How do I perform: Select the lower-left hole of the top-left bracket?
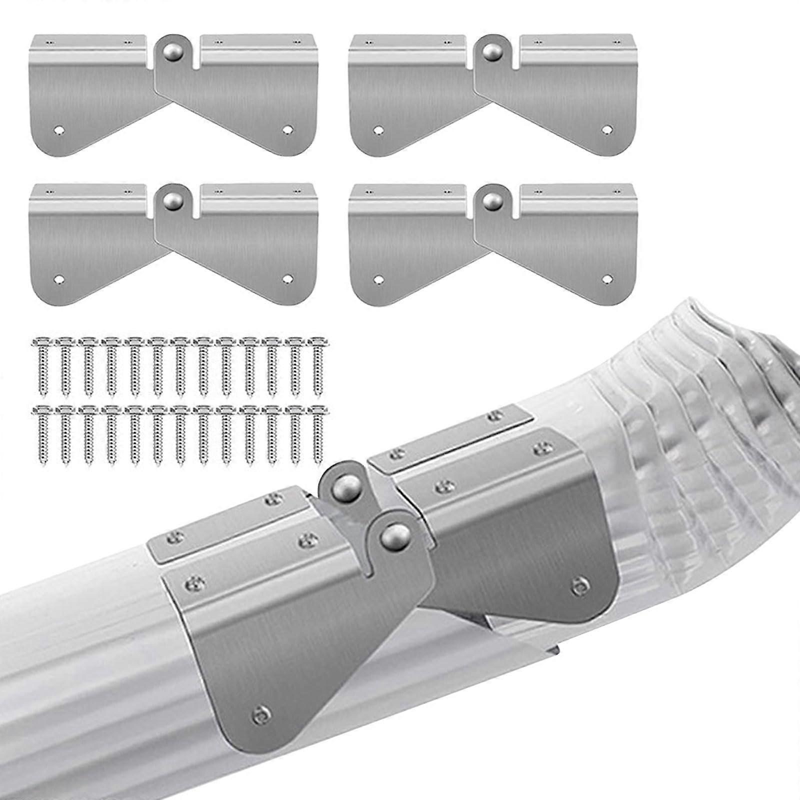[x=60, y=129]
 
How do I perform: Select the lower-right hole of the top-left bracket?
[x=286, y=129]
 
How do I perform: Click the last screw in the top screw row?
[x=316, y=365]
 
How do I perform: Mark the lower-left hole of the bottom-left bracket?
[x=60, y=278]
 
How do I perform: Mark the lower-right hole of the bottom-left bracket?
[x=286, y=278]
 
